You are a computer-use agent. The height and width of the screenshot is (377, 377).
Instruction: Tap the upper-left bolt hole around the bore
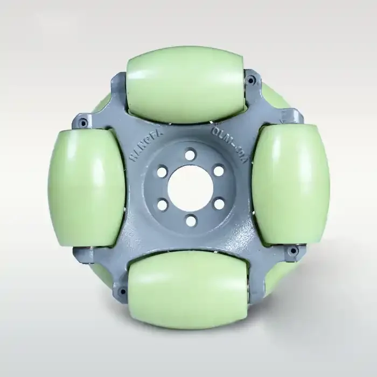point(160,172)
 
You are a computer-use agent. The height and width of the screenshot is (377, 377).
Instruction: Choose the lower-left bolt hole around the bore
point(160,204)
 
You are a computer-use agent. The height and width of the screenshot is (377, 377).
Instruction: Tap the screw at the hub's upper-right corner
point(251,81)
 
